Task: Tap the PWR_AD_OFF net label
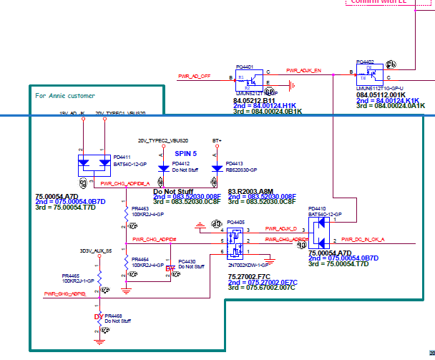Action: coord(194,75)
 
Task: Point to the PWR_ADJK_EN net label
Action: coord(304,71)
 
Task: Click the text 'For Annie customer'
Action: coord(65,96)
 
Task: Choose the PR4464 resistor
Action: coord(127,261)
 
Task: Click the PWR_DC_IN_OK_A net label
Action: coord(363,239)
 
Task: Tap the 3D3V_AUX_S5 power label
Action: coord(96,251)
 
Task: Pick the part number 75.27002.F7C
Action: coord(249,276)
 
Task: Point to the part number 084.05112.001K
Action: coord(381,94)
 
